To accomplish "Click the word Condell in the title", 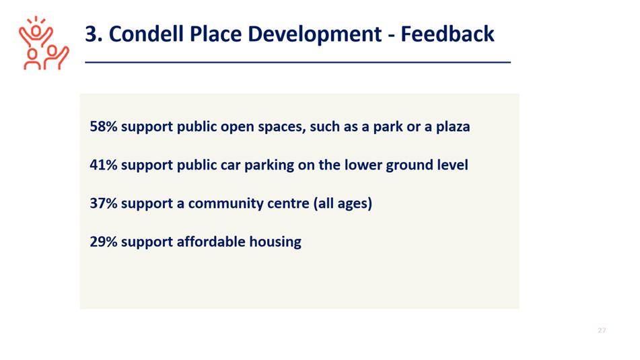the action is pos(146,34).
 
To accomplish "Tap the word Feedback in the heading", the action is pos(448,34).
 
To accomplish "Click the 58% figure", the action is pos(104,127).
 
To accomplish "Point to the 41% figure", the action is pos(104,165).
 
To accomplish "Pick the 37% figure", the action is pos(104,203).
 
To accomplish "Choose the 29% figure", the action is pos(104,242).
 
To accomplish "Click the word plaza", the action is pos(453,127).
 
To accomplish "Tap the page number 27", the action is pos(602,330).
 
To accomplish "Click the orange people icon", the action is pos(44,43).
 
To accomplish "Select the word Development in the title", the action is pos(315,34).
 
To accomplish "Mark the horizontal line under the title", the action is pos(298,63).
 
